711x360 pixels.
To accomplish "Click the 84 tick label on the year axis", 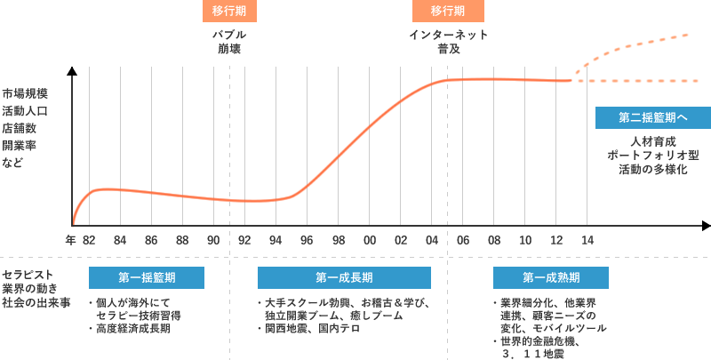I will click(x=119, y=240).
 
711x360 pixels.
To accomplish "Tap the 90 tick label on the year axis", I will click(x=213, y=240).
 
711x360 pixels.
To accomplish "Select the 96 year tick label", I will click(x=307, y=240).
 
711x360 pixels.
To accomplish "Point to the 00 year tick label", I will click(x=370, y=240).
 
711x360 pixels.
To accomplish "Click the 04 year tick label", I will click(x=432, y=240).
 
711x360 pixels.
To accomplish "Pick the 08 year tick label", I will click(x=494, y=240).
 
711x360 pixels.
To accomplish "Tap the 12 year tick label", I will click(x=556, y=240).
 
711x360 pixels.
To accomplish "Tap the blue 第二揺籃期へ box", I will click(x=652, y=117).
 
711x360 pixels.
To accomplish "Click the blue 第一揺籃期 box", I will click(x=146, y=277).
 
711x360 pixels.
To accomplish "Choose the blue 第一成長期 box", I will click(x=344, y=277).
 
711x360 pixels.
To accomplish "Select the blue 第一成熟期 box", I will click(x=551, y=277).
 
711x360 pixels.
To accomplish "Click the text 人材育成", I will click(x=653, y=141).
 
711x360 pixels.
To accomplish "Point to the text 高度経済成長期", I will click(x=133, y=329).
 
